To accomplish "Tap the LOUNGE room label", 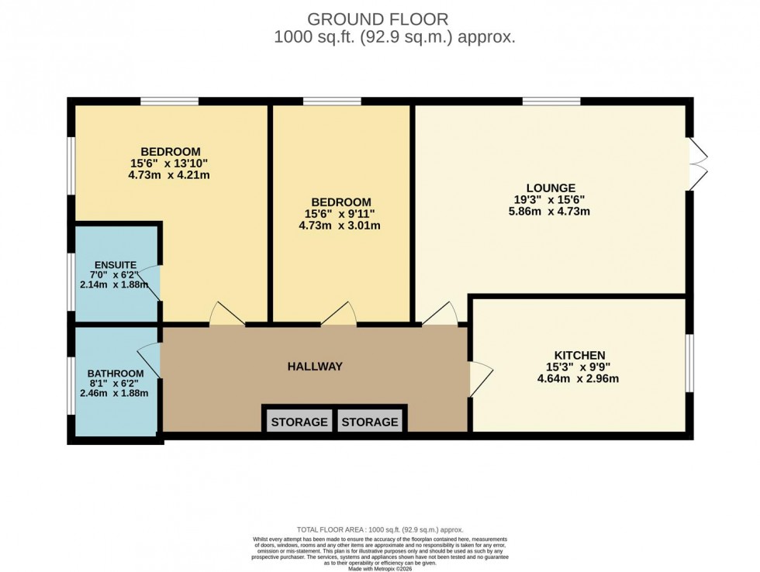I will (x=551, y=188).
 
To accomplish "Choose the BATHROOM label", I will (x=116, y=373).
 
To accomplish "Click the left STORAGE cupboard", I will (x=299, y=422).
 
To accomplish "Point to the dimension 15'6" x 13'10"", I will (x=170, y=163).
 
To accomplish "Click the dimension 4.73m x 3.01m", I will (x=339, y=226).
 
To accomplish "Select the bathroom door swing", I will (x=150, y=359).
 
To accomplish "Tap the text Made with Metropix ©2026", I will (x=379, y=569).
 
